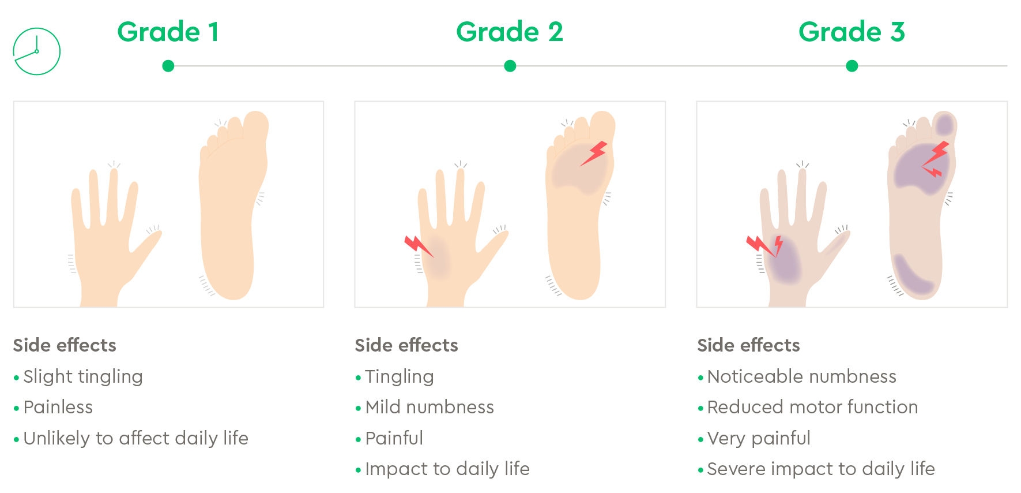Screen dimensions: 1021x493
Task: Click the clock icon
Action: pos(36,51)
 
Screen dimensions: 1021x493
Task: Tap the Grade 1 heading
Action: pos(168,32)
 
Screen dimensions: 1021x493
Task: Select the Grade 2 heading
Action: pos(510,32)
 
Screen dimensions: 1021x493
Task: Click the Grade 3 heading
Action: pos(852,32)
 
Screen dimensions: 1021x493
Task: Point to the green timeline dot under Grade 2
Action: pos(510,66)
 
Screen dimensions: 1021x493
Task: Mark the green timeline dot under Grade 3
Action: pos(852,66)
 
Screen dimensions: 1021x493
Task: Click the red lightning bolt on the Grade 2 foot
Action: pos(594,154)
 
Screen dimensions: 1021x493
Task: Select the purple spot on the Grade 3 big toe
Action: pos(944,124)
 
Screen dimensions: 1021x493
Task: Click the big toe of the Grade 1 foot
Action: pos(256,124)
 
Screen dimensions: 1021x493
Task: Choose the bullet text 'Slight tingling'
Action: pos(83,376)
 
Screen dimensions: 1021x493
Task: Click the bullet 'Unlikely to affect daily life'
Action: pos(136,438)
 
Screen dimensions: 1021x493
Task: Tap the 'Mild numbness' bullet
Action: pos(430,407)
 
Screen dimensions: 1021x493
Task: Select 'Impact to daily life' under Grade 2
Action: pos(447,469)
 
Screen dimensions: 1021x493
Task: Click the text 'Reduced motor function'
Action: pos(812,407)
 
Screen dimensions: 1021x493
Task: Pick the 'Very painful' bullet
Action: pos(759,438)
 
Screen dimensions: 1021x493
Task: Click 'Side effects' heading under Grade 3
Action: pos(748,345)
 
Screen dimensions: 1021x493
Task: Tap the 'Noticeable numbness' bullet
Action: pos(801,376)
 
